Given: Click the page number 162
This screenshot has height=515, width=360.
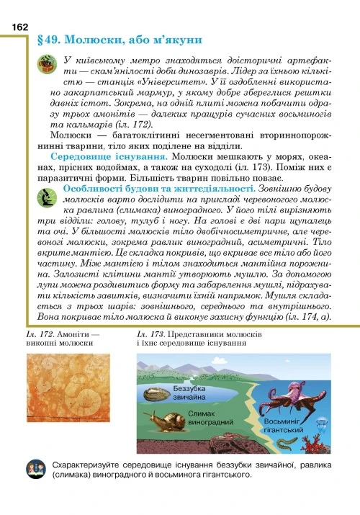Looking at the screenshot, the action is (19, 26).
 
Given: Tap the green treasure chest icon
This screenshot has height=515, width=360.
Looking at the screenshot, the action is (46, 68).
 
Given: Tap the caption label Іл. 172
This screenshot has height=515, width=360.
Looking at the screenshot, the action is (42, 335).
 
